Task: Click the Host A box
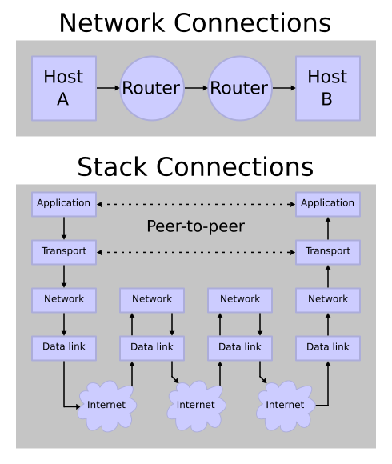click(64, 88)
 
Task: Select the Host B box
click(328, 88)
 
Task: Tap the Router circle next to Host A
click(152, 88)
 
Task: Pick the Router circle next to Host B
click(240, 88)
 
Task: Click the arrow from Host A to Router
click(108, 88)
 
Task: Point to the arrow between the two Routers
click(196, 88)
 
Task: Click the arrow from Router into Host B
click(284, 88)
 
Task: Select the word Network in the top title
click(112, 22)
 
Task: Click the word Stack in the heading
click(112, 166)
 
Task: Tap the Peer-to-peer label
click(195, 226)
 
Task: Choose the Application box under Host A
click(64, 204)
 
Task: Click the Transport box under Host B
click(328, 252)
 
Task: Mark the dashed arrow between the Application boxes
click(196, 204)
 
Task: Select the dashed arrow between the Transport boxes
click(196, 252)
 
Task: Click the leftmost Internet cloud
click(106, 406)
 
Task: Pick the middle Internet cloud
click(196, 406)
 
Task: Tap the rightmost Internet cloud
click(285, 406)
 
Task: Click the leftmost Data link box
click(64, 348)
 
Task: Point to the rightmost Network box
click(328, 300)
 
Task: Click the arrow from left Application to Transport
click(64, 228)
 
